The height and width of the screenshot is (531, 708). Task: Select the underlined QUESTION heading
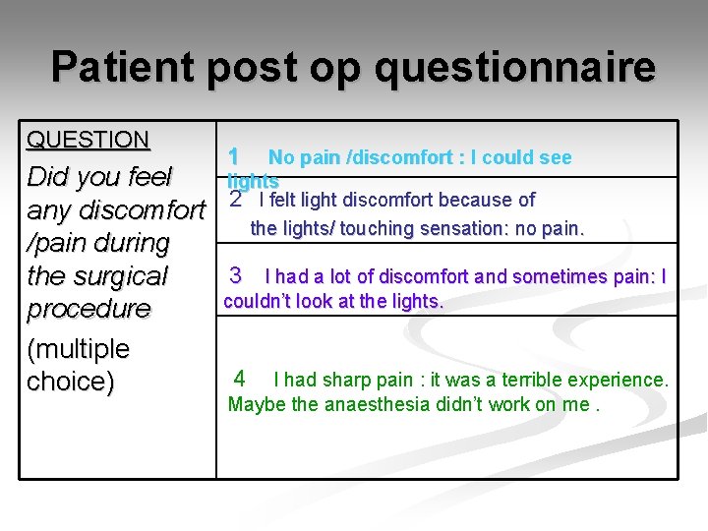point(88,140)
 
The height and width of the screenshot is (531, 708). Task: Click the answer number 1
point(233,156)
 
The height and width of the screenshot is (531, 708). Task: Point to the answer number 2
point(235,200)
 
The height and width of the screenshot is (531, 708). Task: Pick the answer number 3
point(235,275)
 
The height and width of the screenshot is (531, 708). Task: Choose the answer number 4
point(240,379)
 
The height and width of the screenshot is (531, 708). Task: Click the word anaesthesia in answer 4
point(387,404)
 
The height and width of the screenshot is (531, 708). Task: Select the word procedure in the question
point(88,309)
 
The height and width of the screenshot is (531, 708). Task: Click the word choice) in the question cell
point(71,382)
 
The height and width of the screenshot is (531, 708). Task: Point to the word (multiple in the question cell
point(78,349)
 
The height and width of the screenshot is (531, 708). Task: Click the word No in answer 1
point(281,157)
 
